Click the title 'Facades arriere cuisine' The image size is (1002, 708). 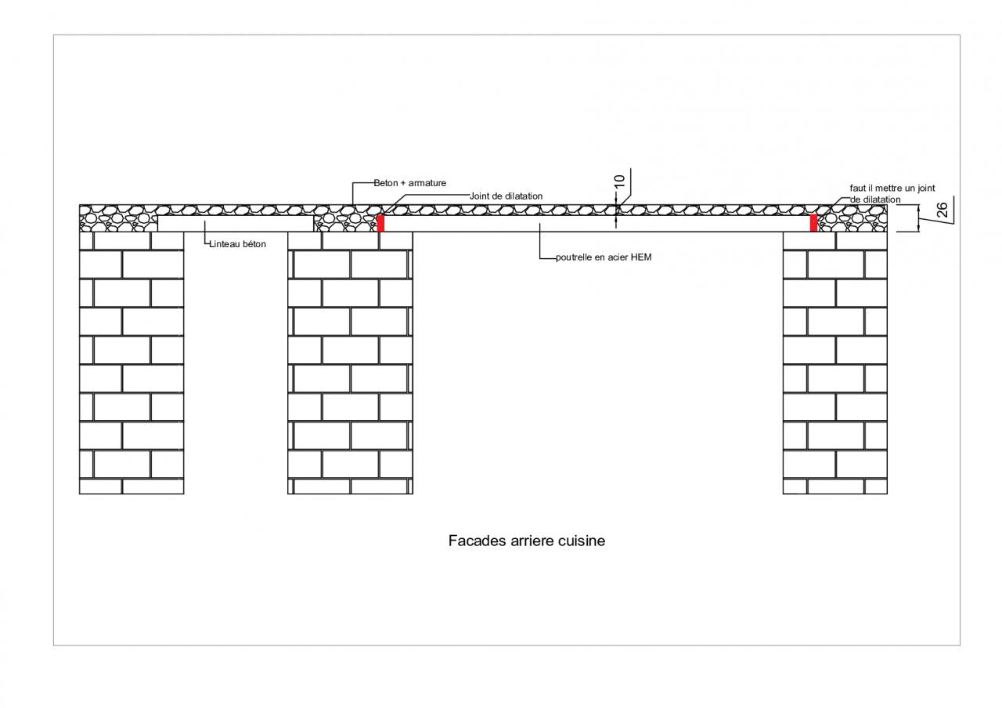click(x=526, y=541)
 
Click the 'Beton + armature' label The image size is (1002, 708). click(x=409, y=183)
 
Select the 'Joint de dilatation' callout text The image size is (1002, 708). click(x=506, y=196)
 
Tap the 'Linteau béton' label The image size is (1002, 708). click(x=238, y=244)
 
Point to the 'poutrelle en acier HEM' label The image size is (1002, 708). click(x=603, y=257)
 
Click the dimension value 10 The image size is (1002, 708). click(x=619, y=181)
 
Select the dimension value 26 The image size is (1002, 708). click(x=942, y=210)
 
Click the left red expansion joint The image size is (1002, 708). click(x=380, y=223)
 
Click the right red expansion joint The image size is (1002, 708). click(x=813, y=223)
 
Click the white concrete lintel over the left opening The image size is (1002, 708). click(x=235, y=224)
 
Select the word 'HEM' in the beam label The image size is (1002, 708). click(x=641, y=257)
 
